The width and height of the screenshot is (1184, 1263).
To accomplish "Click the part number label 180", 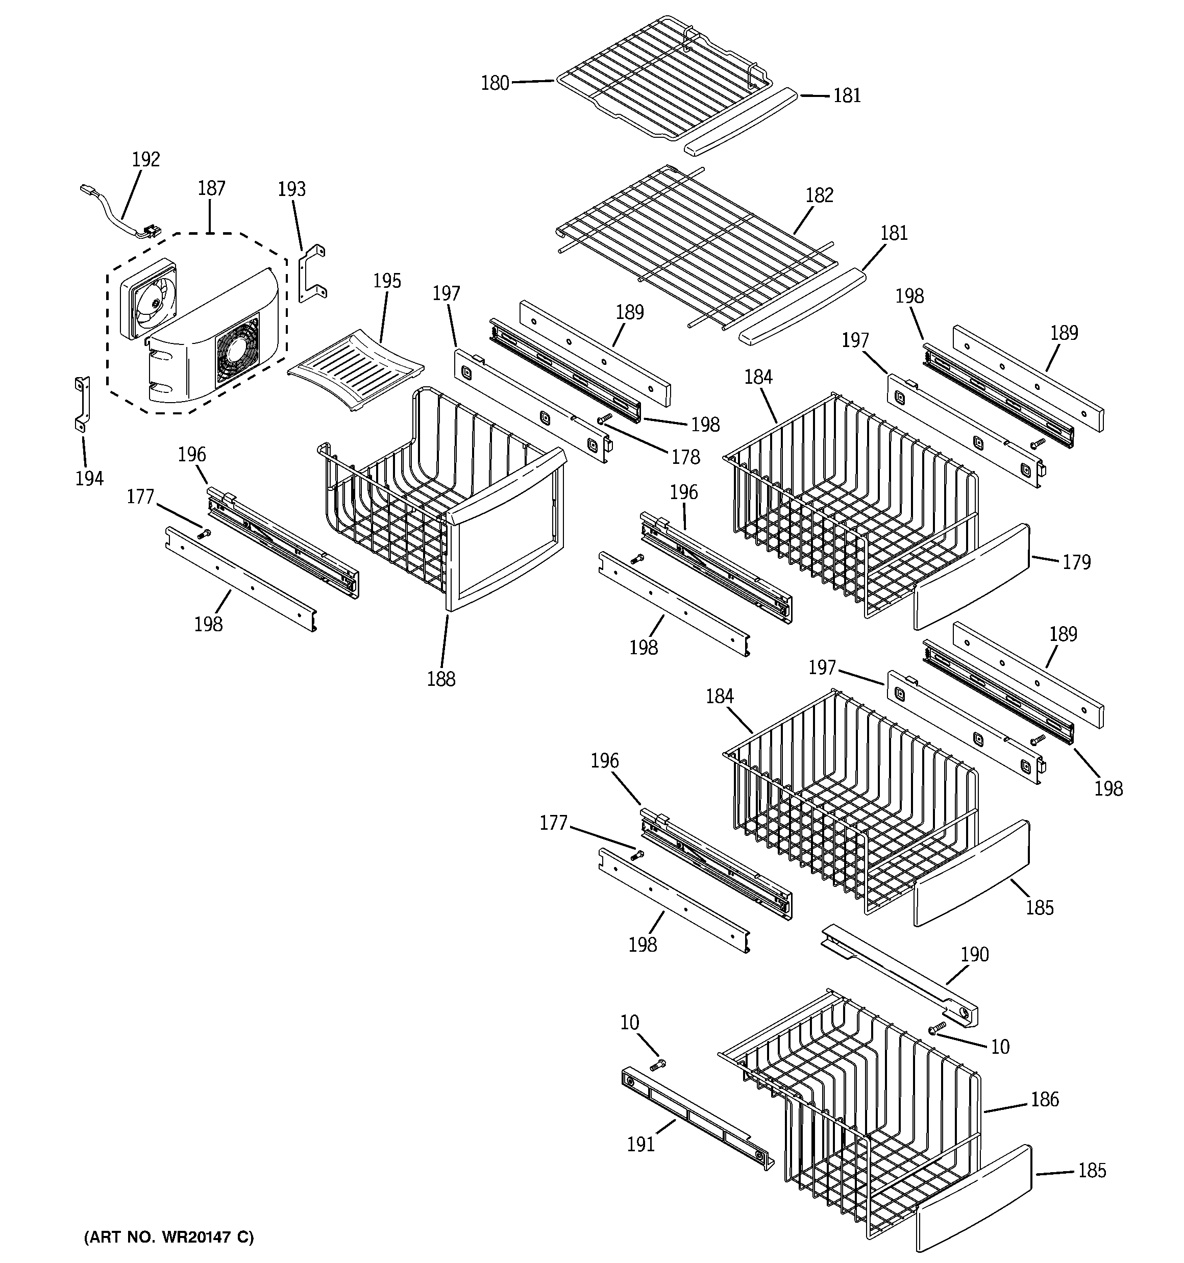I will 495,83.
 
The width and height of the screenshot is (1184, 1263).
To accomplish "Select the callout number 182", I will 819,195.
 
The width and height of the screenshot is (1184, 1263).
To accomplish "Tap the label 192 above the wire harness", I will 145,159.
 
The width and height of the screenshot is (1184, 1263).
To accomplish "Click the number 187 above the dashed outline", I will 212,189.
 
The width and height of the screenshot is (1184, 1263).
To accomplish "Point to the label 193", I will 292,189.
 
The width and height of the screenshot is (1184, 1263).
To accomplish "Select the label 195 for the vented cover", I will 387,281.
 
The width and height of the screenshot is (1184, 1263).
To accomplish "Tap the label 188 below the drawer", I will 441,679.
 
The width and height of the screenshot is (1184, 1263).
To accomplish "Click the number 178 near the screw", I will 686,457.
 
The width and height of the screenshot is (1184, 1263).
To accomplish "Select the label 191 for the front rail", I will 640,1144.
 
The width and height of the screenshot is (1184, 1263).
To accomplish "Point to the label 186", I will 1045,1099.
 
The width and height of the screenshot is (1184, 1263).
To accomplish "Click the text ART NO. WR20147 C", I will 169,1237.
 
